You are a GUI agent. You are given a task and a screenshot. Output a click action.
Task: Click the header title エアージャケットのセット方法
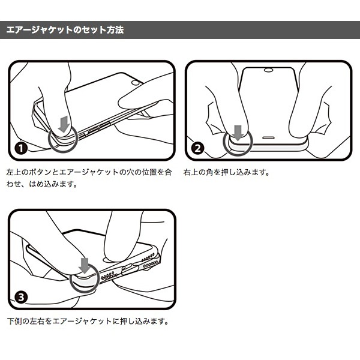(x=65, y=30)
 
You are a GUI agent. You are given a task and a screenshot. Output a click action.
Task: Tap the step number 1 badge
(x=21, y=148)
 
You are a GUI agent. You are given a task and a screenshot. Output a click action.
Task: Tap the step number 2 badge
(x=197, y=148)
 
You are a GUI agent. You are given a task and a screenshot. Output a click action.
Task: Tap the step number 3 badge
(x=21, y=298)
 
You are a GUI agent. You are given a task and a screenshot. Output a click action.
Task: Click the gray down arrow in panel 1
(x=64, y=124)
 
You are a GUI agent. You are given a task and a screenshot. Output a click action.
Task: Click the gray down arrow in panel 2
(x=238, y=133)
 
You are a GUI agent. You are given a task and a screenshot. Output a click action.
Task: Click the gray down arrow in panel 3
(x=85, y=266)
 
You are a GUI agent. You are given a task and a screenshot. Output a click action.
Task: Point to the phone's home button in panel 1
(x=135, y=83)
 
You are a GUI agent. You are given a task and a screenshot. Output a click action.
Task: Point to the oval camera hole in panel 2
(x=268, y=70)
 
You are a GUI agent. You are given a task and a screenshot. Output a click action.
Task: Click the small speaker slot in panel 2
(x=268, y=138)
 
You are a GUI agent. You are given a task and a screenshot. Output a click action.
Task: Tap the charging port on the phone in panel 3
(x=129, y=268)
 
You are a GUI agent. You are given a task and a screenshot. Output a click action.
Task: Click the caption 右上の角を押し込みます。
(x=226, y=172)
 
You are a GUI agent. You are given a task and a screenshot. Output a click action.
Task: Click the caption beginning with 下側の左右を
(x=88, y=321)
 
